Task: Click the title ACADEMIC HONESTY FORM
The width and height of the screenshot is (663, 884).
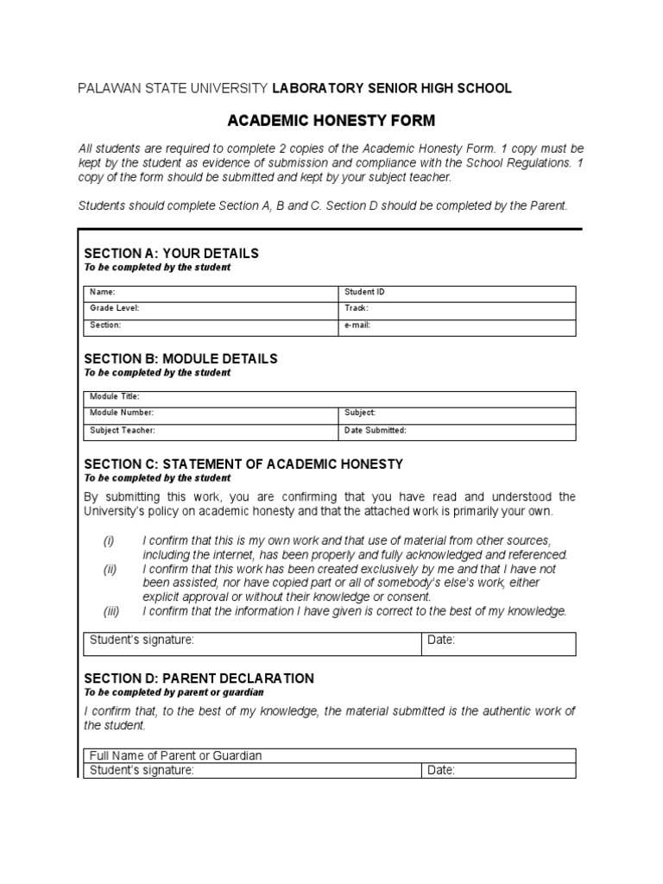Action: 331,120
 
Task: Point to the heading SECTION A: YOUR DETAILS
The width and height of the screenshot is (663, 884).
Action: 171,254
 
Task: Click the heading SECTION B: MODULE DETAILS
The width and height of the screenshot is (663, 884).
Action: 180,358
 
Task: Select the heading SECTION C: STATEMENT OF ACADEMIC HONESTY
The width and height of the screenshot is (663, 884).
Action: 243,464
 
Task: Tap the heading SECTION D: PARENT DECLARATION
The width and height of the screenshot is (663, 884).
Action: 199,679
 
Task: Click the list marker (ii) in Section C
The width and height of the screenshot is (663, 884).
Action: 110,570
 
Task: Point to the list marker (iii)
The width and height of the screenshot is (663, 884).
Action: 110,611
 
